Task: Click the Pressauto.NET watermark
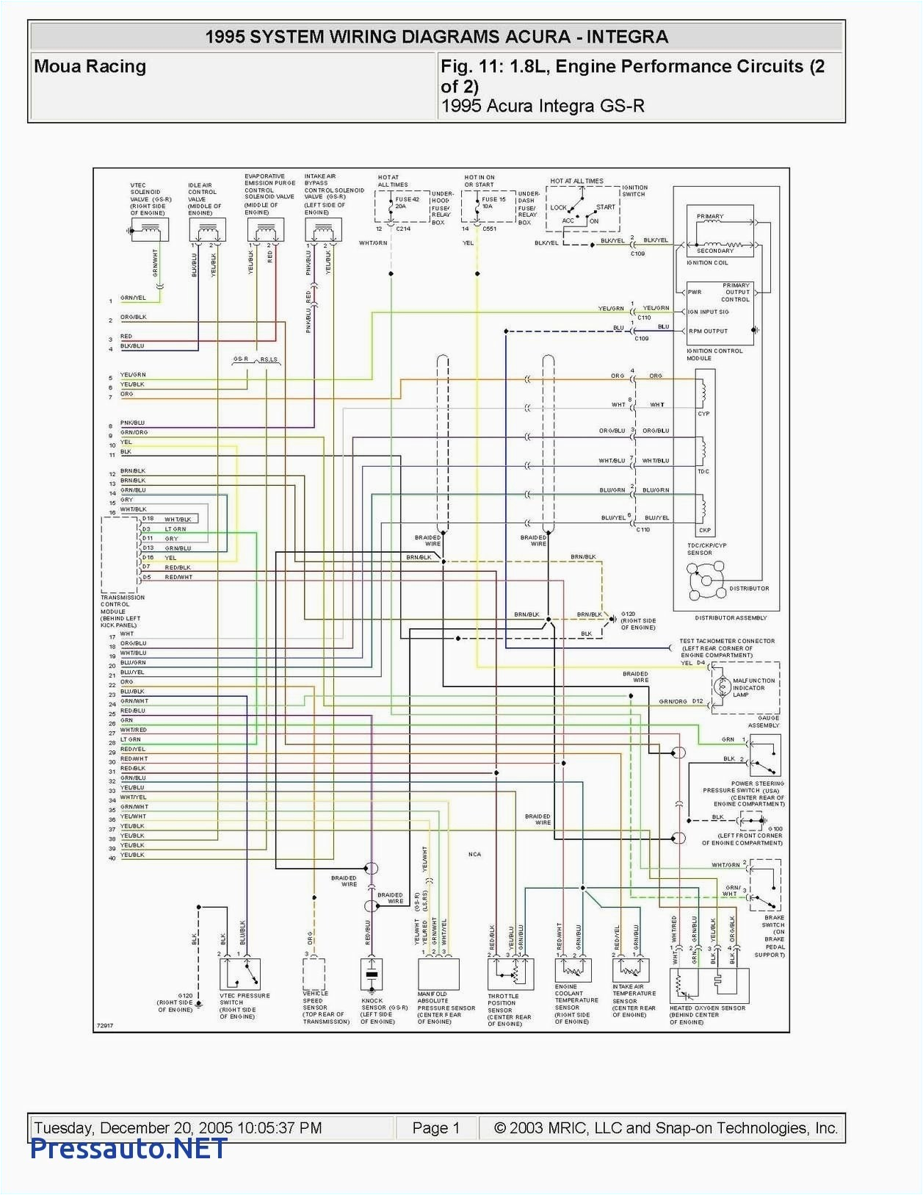129,1148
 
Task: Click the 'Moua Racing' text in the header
90,67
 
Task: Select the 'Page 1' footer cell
435,1128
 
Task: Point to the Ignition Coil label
707,262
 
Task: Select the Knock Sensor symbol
372,975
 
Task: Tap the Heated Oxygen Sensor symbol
709,986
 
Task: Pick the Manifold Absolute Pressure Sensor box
438,974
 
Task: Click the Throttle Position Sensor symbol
510,974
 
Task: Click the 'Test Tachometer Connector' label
726,641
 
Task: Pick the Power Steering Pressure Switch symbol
764,756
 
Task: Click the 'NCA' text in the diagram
474,854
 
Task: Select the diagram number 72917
105,1025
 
